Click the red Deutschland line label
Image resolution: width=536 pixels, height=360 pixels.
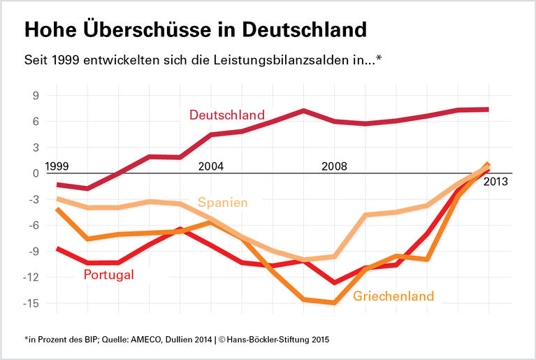pos(227,115)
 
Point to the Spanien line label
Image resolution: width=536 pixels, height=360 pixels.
pos(223,203)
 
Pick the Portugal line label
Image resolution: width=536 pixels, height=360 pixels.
pos(108,275)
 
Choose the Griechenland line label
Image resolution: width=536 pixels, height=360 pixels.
pos(393,296)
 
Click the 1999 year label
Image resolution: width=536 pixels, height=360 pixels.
pos(56,166)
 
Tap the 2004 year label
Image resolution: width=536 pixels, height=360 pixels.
pos(210,166)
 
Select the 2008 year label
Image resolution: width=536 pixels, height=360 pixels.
pos(333,166)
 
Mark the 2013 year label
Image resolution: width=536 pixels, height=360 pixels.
pos(495,182)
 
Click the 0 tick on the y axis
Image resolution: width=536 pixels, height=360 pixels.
pos(35,173)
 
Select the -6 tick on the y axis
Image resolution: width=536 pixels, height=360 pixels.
pos(32,225)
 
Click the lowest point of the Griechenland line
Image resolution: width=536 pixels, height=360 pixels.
pos(334,303)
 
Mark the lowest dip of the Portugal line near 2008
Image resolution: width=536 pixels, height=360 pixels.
pos(334,282)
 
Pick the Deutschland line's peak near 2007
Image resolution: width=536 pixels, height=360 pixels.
pos(303,110)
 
